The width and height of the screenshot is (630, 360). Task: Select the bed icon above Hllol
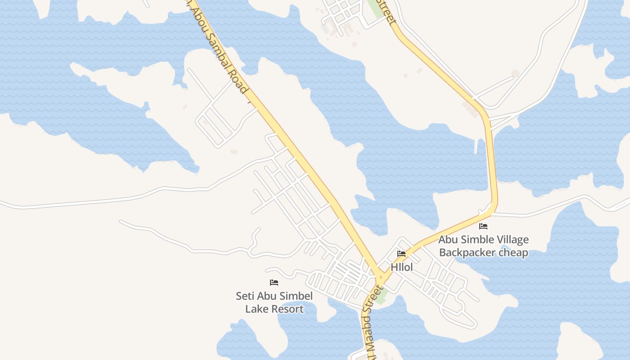click(401, 254)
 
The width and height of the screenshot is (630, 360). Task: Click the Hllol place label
click(401, 267)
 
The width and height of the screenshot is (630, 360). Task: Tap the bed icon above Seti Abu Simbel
click(274, 283)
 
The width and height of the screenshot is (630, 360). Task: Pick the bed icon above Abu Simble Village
click(483, 226)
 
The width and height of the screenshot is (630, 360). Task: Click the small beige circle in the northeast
click(516, 73)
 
